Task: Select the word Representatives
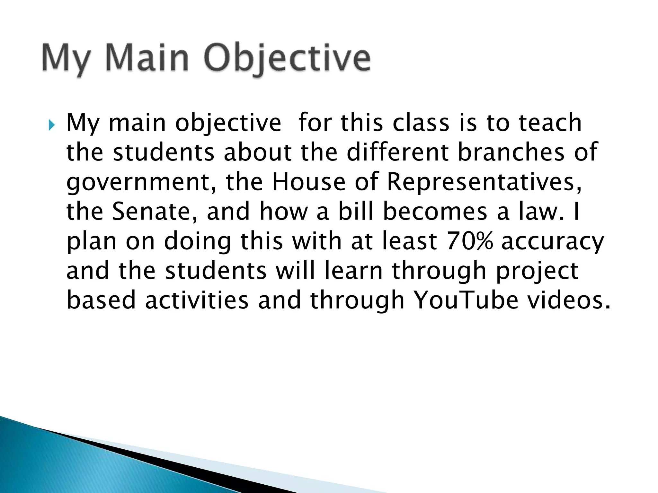(484, 182)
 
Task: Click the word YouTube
(466, 300)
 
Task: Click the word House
(309, 182)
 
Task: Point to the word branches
(511, 152)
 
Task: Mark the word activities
(197, 300)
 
